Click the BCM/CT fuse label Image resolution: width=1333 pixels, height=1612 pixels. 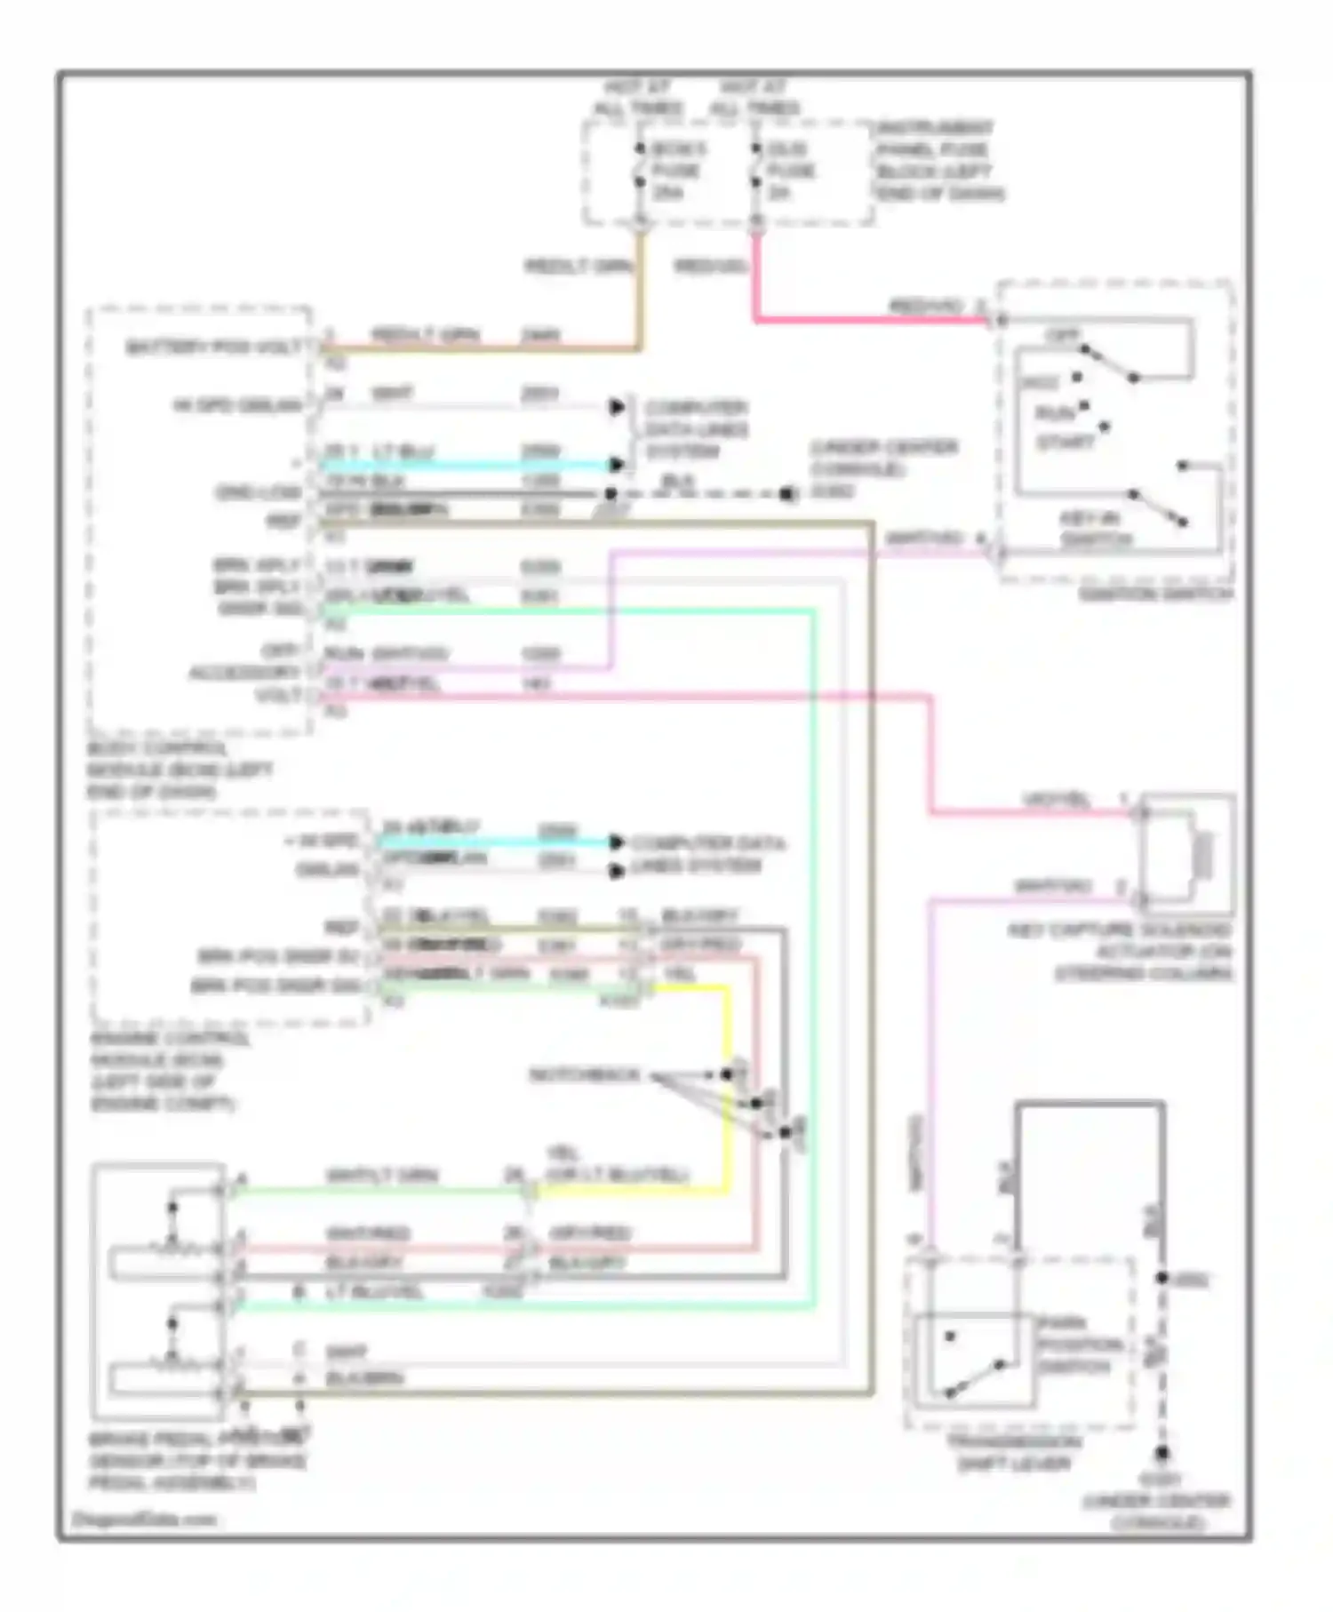675,170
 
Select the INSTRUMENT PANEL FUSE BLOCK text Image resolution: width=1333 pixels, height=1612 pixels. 938,161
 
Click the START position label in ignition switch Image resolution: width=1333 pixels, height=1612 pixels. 1065,441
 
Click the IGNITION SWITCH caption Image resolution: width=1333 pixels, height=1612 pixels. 1154,594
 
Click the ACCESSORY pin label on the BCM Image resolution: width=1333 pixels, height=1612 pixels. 243,673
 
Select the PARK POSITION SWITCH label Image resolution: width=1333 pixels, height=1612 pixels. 1080,1345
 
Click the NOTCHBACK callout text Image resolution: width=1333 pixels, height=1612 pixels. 584,1075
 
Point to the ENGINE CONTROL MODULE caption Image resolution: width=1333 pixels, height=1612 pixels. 165,1071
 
